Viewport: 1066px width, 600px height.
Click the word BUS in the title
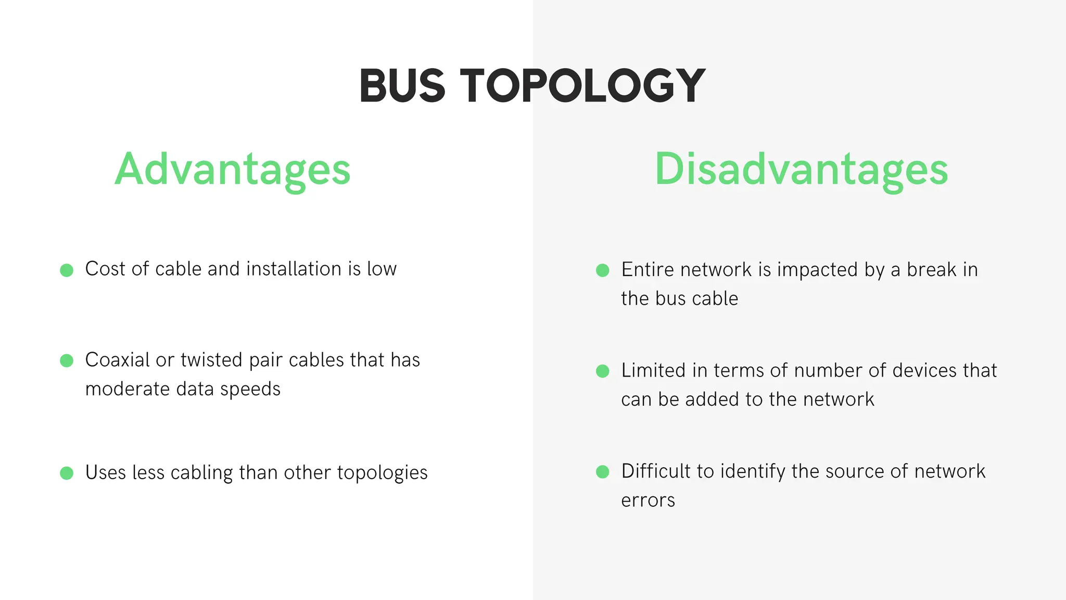click(402, 86)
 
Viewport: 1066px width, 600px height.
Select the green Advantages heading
click(233, 170)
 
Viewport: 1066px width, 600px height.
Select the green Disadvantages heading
click(802, 170)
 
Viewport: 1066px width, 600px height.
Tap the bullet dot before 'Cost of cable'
click(67, 270)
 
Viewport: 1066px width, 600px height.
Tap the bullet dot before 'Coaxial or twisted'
click(67, 360)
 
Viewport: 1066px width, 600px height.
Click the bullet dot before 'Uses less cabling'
click(67, 473)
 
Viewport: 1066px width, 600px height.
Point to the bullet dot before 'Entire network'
click(602, 270)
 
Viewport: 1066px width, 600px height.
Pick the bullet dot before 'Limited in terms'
click(602, 371)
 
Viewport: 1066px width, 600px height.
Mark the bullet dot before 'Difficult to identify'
click(602, 472)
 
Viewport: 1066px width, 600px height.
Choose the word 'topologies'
click(382, 473)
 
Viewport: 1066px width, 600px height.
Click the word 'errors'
click(648, 501)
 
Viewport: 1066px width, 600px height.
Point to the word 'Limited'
click(653, 370)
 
